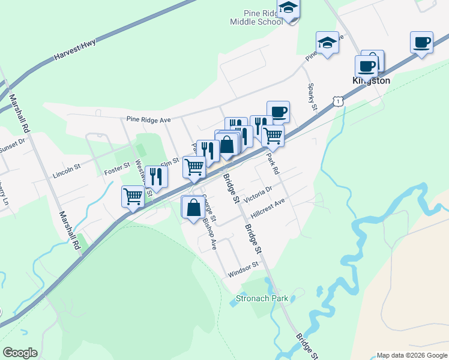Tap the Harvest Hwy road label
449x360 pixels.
click(74, 50)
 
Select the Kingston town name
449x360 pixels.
click(370, 80)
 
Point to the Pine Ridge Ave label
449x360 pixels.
click(149, 120)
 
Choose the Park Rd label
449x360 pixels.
click(273, 163)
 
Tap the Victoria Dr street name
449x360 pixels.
click(258, 192)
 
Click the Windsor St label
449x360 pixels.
click(243, 270)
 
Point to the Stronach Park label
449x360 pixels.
click(262, 298)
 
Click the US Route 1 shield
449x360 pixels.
click(340, 102)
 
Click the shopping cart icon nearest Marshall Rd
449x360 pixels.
click(133, 195)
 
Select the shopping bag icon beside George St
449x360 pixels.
click(193, 208)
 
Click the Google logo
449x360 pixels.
click(20, 353)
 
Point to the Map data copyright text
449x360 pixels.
click(411, 355)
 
